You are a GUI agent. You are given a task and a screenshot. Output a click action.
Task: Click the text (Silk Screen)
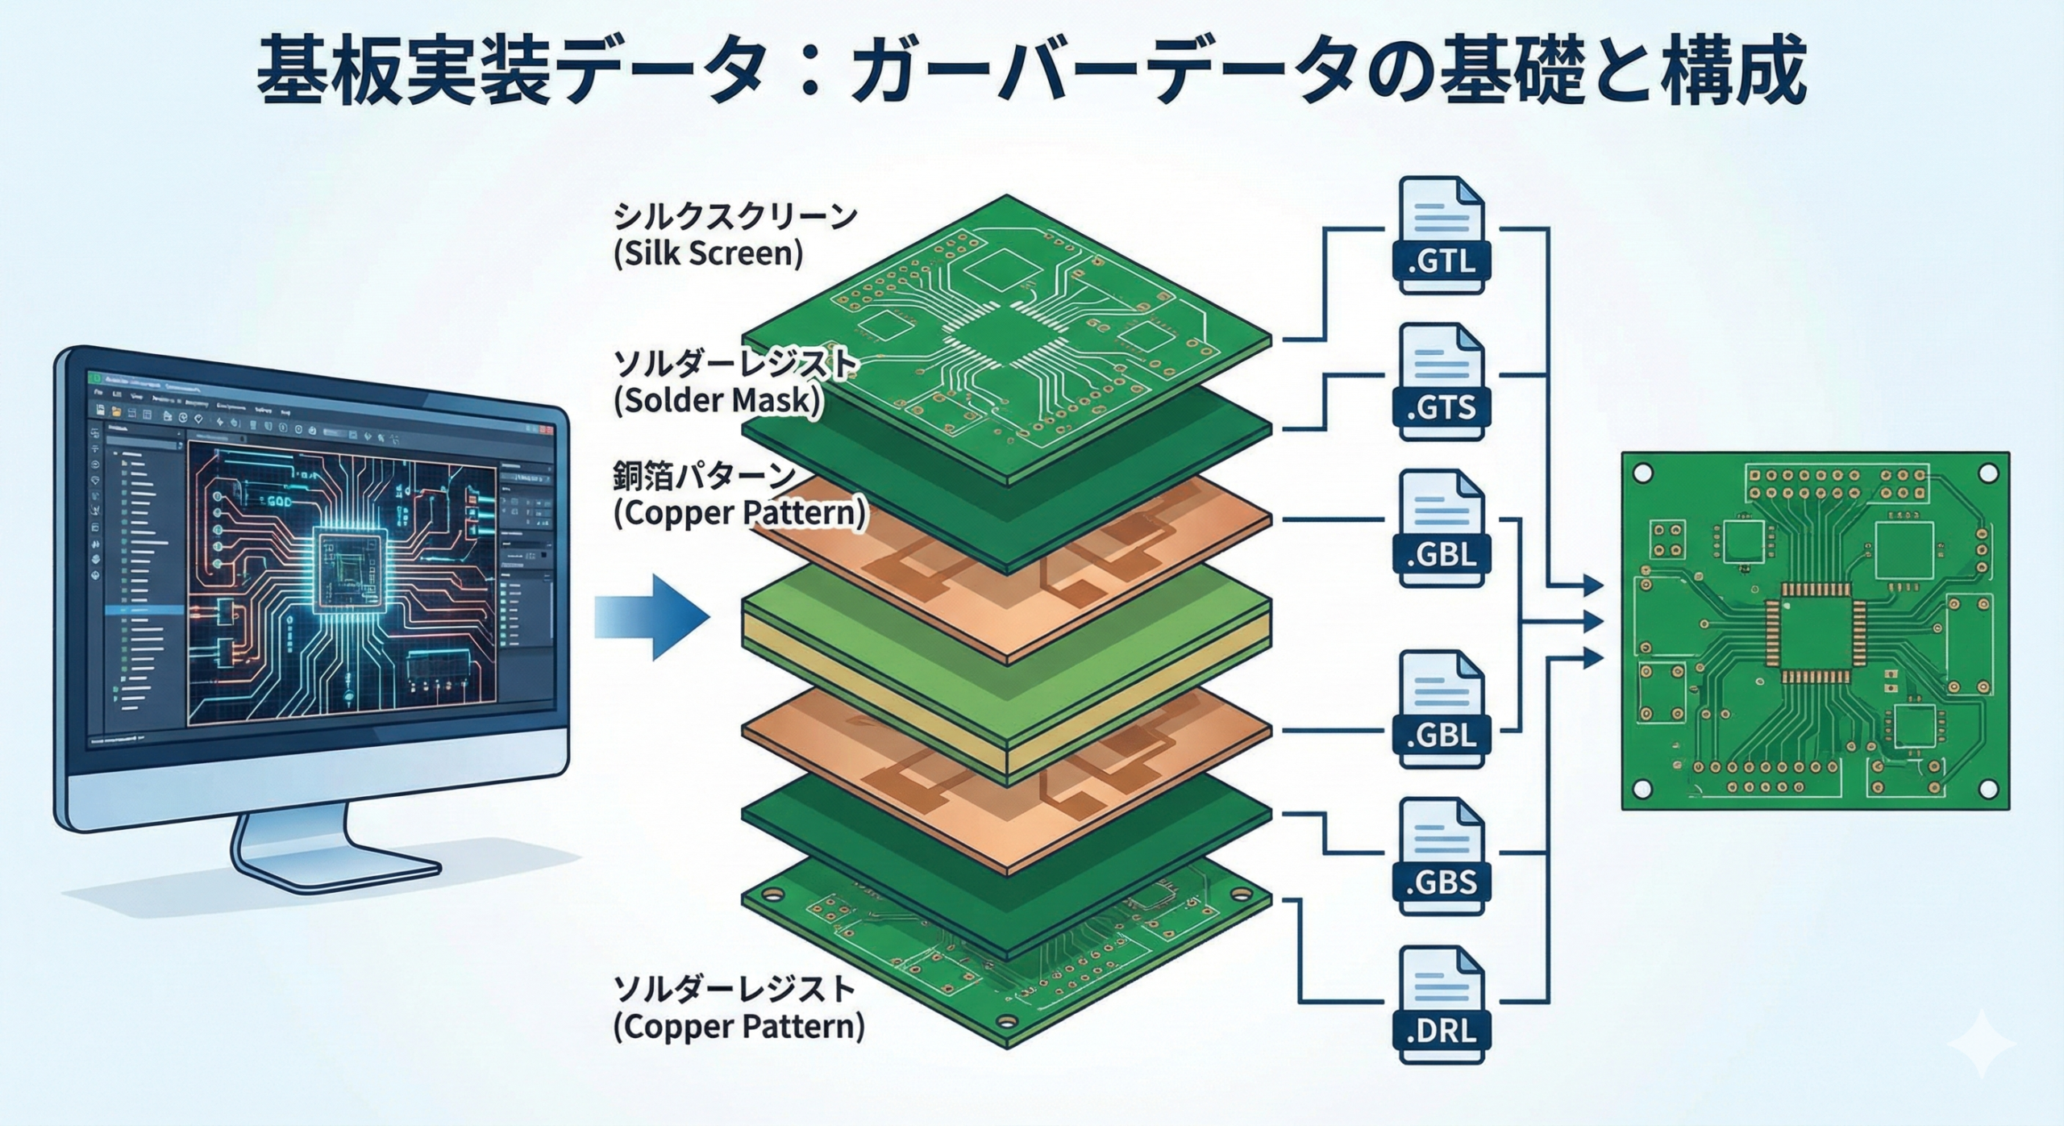(x=708, y=254)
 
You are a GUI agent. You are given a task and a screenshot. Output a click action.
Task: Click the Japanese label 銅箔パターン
(x=705, y=477)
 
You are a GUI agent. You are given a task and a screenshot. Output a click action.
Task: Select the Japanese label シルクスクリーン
(x=734, y=217)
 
